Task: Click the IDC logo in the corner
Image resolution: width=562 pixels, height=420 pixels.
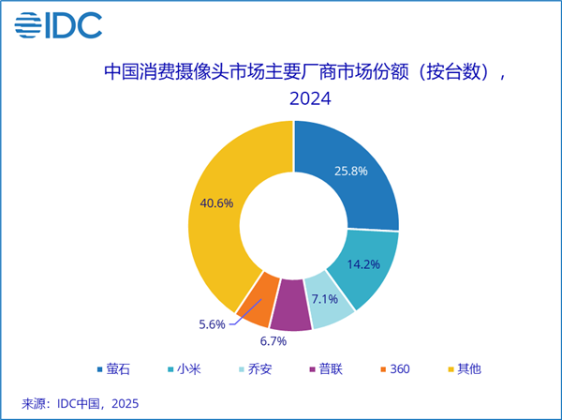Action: coord(58,25)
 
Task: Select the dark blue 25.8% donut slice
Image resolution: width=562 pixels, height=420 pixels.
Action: coord(351,173)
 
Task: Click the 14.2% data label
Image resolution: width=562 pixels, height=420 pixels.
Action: coord(362,264)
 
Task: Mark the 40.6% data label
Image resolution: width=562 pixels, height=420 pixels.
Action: coord(216,202)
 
